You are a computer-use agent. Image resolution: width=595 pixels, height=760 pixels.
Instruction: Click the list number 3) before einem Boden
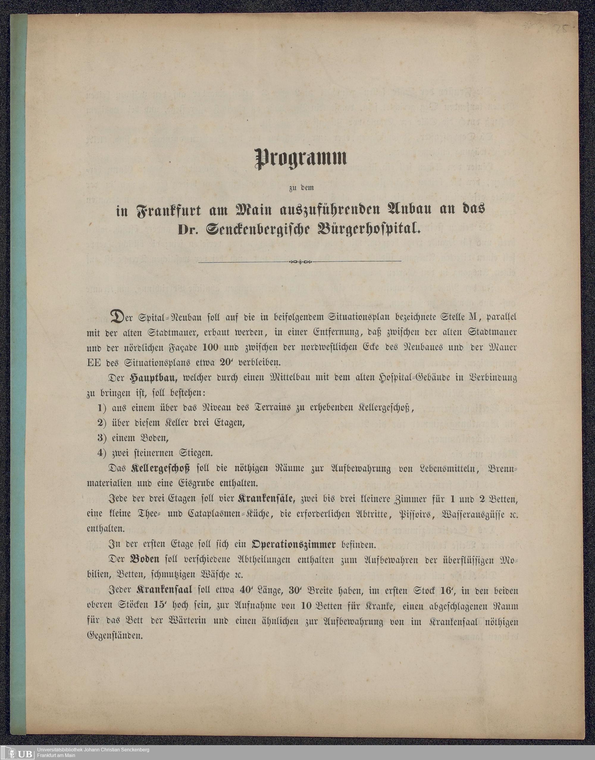click(x=102, y=438)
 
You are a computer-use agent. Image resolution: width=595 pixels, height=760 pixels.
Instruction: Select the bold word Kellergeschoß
click(x=161, y=468)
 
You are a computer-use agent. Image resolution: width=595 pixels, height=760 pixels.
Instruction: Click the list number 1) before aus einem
click(x=102, y=408)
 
